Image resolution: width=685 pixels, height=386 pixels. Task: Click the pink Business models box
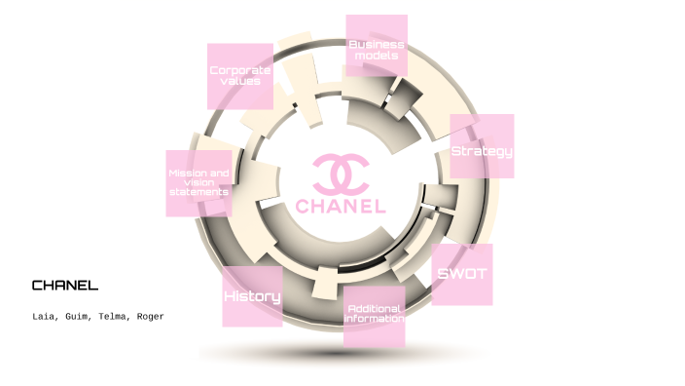tap(377, 46)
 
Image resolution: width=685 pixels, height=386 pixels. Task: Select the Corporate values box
tap(239, 76)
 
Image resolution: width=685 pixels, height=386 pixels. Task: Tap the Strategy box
tap(481, 147)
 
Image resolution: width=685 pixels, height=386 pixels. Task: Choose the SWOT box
tap(461, 274)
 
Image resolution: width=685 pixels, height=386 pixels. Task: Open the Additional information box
tap(374, 316)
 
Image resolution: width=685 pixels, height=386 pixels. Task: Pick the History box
tap(252, 296)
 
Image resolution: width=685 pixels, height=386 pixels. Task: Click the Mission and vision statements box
tap(198, 182)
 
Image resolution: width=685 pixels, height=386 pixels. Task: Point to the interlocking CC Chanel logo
tap(341, 174)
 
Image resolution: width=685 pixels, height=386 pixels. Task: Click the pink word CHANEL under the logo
tap(341, 207)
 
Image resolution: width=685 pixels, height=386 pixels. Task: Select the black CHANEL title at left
tap(64, 286)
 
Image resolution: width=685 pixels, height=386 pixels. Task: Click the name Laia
tap(45, 317)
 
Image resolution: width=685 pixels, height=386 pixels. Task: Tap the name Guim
tap(81, 317)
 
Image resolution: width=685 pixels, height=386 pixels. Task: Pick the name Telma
tap(116, 317)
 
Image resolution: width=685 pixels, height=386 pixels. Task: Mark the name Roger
tap(150, 317)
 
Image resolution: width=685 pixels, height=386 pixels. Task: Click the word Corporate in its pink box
tap(239, 70)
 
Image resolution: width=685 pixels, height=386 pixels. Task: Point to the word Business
tap(377, 44)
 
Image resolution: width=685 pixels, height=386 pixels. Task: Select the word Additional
tap(374, 309)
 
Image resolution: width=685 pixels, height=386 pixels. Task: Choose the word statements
tap(198, 192)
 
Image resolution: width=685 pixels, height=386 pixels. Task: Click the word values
tap(239, 81)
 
